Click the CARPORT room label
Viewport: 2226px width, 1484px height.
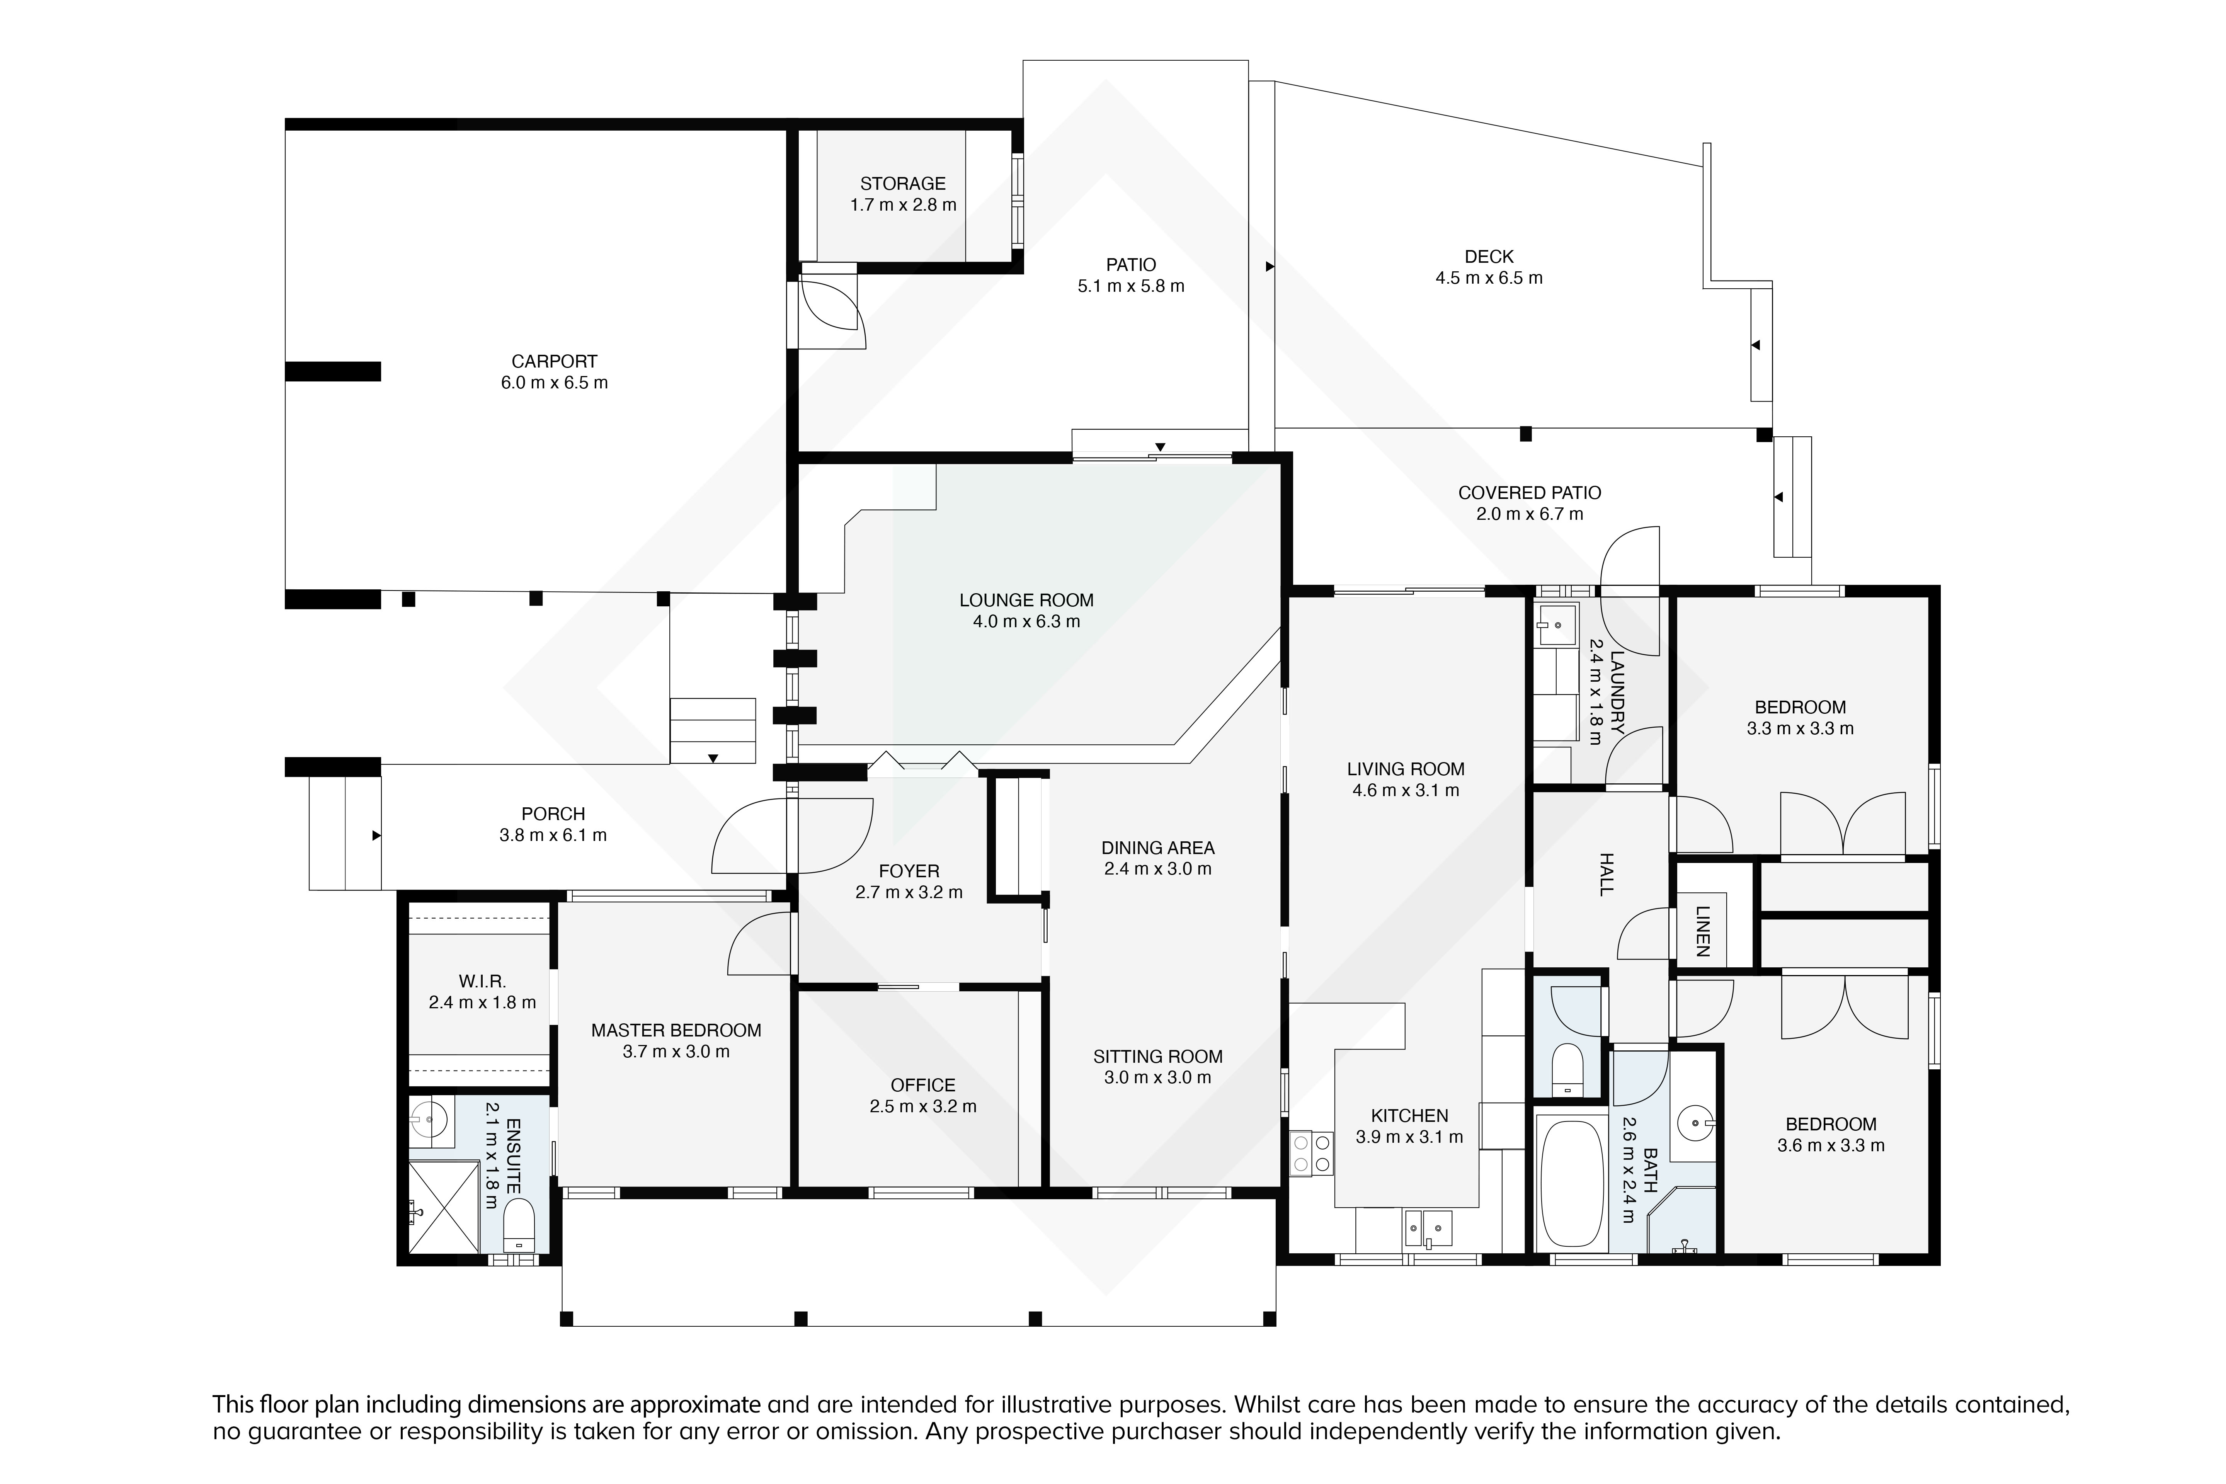[554, 362]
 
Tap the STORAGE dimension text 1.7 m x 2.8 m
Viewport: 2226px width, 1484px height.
[903, 204]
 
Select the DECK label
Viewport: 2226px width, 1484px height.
[1489, 257]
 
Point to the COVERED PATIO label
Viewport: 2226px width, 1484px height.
[1530, 493]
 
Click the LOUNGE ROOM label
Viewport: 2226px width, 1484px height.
[1026, 600]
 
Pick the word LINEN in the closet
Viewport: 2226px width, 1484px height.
[1703, 931]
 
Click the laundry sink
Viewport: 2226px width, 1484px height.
[1556, 625]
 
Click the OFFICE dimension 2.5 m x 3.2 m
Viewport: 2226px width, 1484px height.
[923, 1106]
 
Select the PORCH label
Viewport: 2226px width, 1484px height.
[554, 814]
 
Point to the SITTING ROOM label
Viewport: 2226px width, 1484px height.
[1157, 1056]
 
